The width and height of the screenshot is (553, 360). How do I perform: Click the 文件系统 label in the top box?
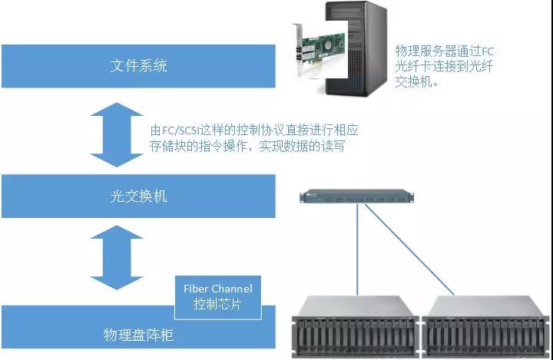pyautogui.click(x=138, y=66)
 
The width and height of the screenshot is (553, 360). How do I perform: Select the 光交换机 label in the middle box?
pyautogui.click(x=138, y=196)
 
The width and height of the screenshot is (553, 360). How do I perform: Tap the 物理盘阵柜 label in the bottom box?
pyautogui.click(x=138, y=335)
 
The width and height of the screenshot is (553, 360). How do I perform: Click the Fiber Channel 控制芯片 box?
pyautogui.click(x=218, y=297)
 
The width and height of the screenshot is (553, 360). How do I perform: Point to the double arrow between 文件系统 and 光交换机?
pyautogui.click(x=117, y=134)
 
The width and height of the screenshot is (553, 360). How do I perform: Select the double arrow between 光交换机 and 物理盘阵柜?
pyautogui.click(x=117, y=257)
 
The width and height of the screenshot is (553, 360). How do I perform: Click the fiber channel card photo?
pyautogui.click(x=318, y=49)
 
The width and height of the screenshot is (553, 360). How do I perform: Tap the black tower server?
pyautogui.click(x=356, y=48)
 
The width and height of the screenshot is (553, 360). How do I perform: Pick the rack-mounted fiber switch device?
pyautogui.click(x=356, y=197)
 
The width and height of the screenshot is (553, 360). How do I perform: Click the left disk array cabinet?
pyautogui.click(x=356, y=326)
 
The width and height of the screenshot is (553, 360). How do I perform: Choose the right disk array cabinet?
pyautogui.click(x=487, y=326)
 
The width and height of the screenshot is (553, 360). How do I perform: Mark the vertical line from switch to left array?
pyautogui.click(x=357, y=249)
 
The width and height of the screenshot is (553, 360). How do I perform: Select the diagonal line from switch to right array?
pyautogui.click(x=409, y=249)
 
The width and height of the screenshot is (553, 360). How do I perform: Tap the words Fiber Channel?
pyautogui.click(x=218, y=289)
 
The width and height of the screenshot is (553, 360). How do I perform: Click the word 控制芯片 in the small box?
pyautogui.click(x=217, y=304)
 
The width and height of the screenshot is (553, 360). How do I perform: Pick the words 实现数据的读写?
pyautogui.click(x=302, y=146)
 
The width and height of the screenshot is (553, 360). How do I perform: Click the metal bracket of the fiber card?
pyautogui.click(x=298, y=49)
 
